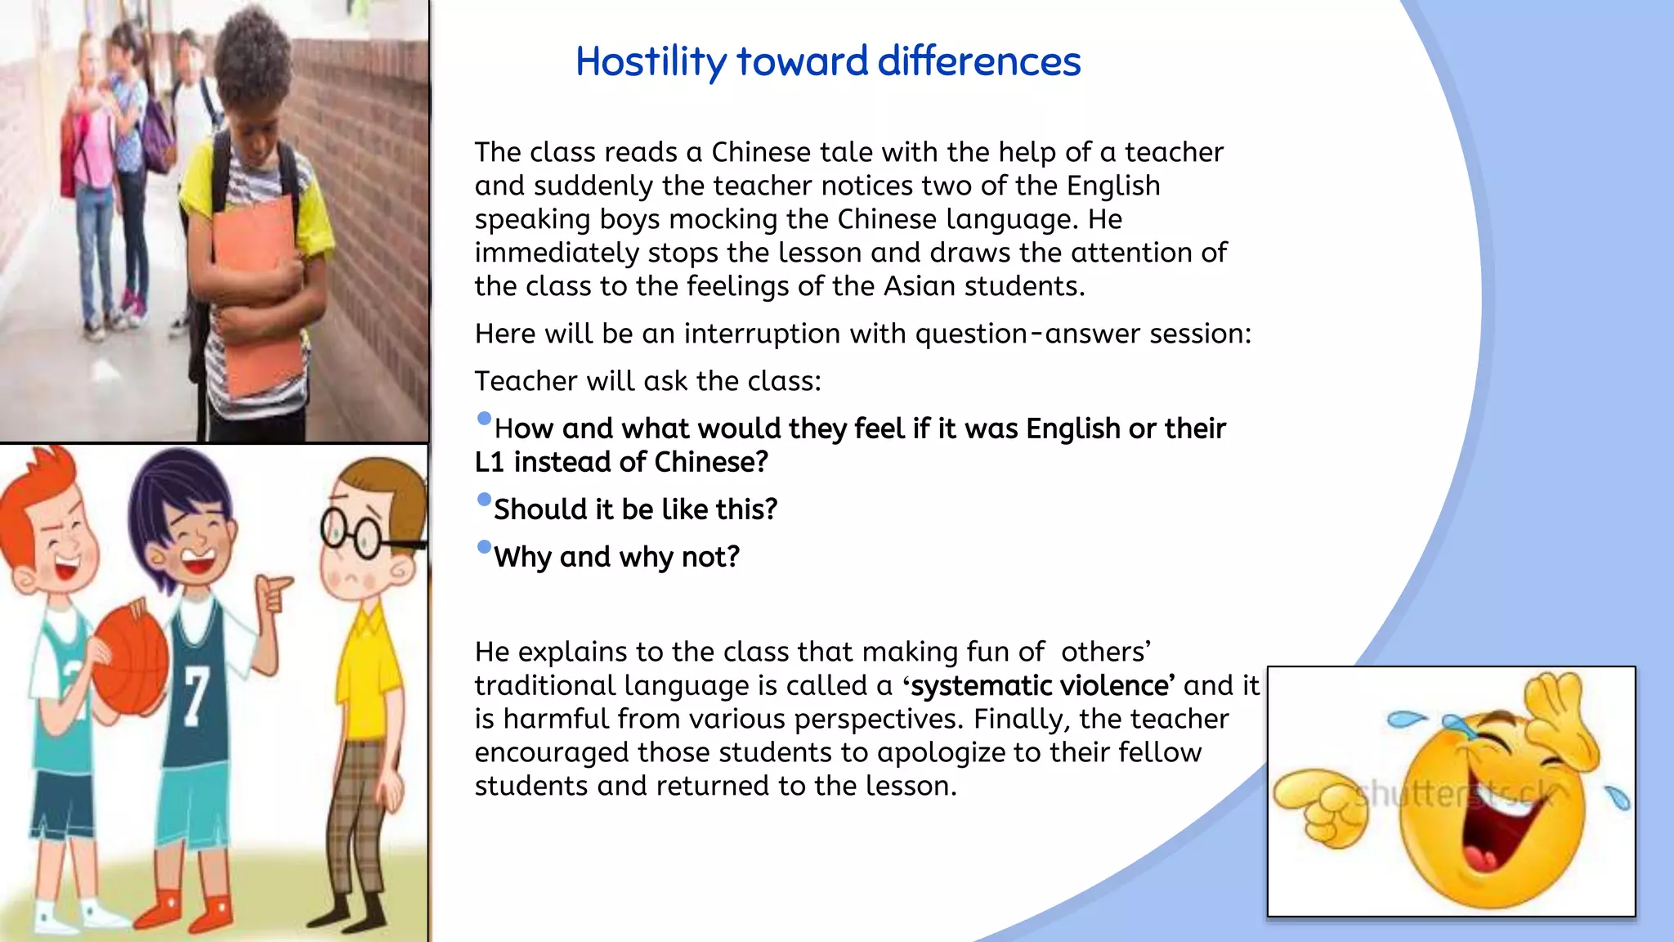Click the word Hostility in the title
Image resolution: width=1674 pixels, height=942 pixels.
[x=651, y=62]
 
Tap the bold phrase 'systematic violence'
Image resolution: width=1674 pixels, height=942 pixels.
[x=1043, y=685]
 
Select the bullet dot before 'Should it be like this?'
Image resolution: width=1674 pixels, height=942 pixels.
[x=484, y=500]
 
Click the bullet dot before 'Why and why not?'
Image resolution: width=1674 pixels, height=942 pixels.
[x=484, y=547]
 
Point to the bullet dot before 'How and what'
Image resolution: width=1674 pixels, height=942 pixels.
[x=484, y=419]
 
